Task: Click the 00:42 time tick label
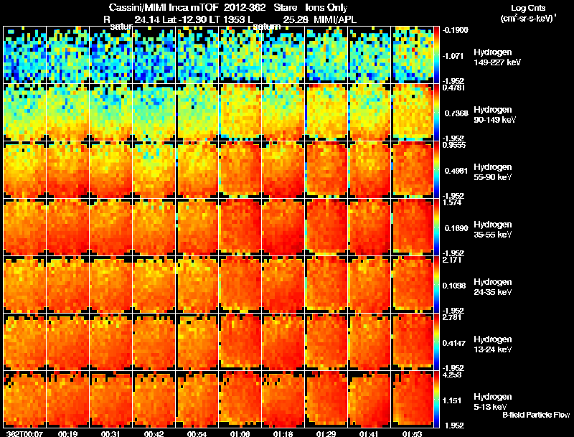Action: coord(155,433)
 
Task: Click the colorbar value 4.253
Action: coord(451,374)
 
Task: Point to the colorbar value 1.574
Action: coord(451,202)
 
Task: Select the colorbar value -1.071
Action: coord(451,55)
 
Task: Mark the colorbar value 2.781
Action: coord(451,316)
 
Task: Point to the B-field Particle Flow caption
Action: coord(536,415)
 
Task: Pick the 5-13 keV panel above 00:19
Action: coord(68,399)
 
